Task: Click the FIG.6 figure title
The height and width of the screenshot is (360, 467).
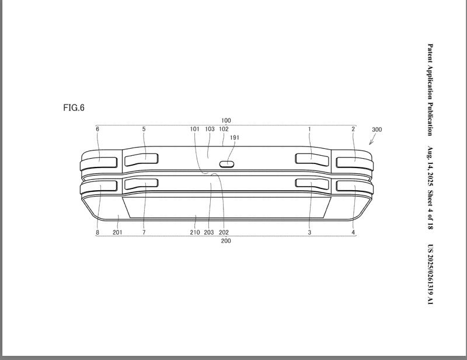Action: click(74, 107)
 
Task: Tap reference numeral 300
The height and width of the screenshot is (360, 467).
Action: click(377, 130)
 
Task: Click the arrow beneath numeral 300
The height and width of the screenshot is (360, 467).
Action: click(372, 139)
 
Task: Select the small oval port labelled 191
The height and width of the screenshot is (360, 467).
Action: click(227, 164)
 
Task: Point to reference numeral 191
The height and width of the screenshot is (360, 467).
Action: click(235, 138)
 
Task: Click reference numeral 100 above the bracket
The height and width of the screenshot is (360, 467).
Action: click(226, 120)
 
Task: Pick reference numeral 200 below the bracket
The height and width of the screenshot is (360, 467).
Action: click(226, 240)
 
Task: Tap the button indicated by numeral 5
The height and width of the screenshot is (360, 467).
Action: click(141, 160)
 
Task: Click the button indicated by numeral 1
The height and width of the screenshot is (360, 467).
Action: click(312, 159)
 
